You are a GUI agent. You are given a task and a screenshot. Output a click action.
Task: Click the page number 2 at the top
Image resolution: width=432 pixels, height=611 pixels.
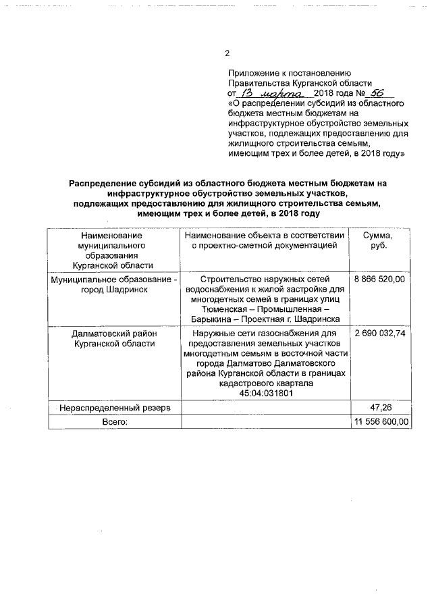tap(227, 53)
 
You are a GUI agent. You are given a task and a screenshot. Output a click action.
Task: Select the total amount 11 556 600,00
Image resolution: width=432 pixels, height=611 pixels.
tap(381, 421)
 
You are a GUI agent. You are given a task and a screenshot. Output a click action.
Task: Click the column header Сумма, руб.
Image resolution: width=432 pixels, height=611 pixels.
tap(381, 241)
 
